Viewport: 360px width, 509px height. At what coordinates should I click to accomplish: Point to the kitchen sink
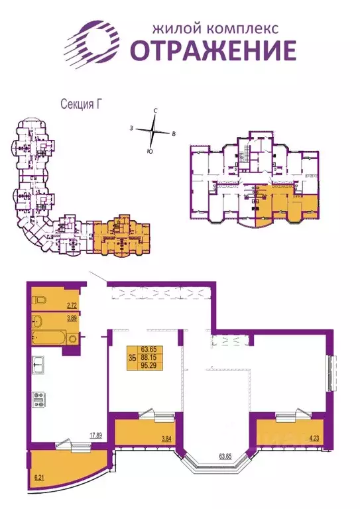pyautogui.click(x=40, y=364)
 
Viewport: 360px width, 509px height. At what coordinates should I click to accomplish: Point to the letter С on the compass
pyautogui.click(x=154, y=111)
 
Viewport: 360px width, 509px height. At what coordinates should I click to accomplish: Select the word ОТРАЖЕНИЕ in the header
pyautogui.click(x=212, y=50)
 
